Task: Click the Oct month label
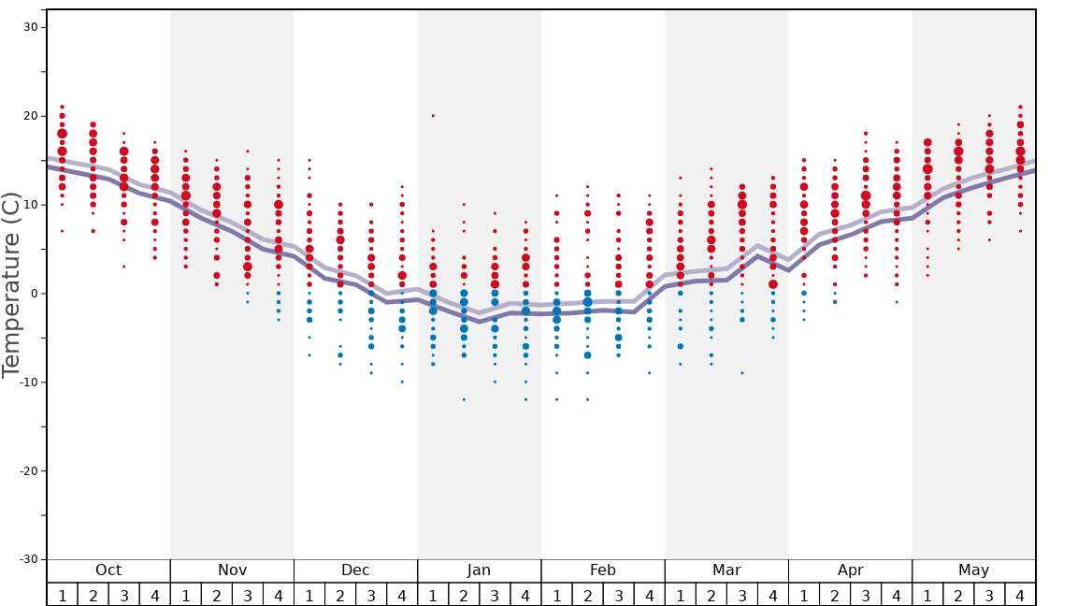pyautogui.click(x=108, y=570)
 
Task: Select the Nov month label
pyautogui.click(x=232, y=570)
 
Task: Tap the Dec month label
pyautogui.click(x=355, y=570)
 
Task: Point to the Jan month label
pyautogui.click(x=479, y=570)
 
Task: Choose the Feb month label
pyautogui.click(x=603, y=570)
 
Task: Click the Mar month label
pyautogui.click(x=726, y=570)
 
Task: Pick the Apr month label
pyautogui.click(x=850, y=570)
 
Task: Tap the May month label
pyautogui.click(x=973, y=570)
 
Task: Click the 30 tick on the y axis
pyautogui.click(x=30, y=27)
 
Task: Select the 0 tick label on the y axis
pyautogui.click(x=33, y=294)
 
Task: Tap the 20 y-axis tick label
pyautogui.click(x=30, y=116)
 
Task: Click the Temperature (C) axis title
pyautogui.click(x=11, y=285)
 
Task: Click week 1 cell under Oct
pyautogui.click(x=62, y=595)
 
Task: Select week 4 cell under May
pyautogui.click(x=1020, y=595)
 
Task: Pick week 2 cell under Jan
pyautogui.click(x=464, y=595)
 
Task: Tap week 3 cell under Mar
pyautogui.click(x=742, y=595)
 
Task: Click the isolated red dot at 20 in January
pyautogui.click(x=433, y=116)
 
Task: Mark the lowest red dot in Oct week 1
pyautogui.click(x=62, y=231)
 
